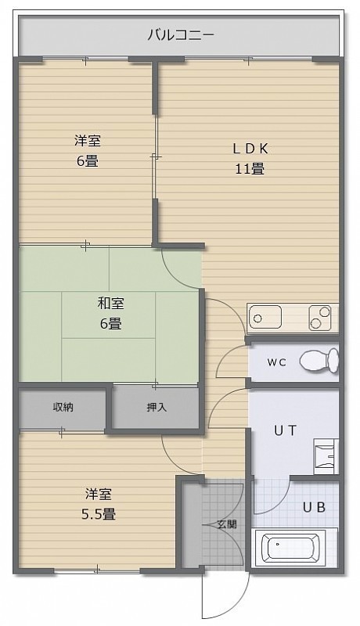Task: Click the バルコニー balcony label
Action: point(181,35)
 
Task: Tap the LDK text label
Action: point(250,149)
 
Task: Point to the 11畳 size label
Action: point(250,169)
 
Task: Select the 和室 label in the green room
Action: point(110,304)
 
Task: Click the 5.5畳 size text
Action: point(99,514)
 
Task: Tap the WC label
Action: point(276,362)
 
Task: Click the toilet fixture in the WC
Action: point(319,361)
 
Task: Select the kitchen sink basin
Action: point(265,318)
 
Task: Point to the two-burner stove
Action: point(320,318)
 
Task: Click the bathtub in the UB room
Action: point(290,547)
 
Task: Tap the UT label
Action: point(286,430)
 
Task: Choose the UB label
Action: point(314,507)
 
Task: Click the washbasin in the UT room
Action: point(326,456)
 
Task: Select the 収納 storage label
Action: point(63,407)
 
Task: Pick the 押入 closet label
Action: point(156,407)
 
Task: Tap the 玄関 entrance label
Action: point(227,524)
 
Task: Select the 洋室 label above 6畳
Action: point(87,141)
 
